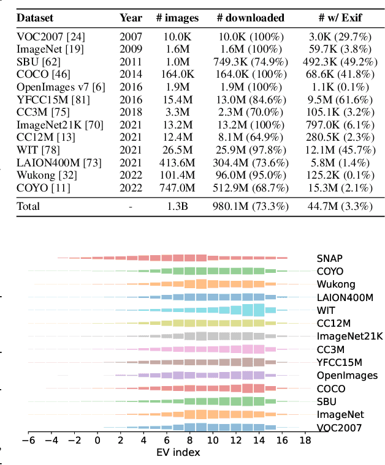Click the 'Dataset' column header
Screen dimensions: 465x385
point(35,18)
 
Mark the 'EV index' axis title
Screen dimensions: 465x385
point(178,453)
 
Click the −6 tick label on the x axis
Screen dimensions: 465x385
point(28,440)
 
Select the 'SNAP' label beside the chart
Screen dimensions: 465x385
point(330,258)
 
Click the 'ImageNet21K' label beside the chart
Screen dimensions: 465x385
point(349,337)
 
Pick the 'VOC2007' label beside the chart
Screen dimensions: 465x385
point(339,428)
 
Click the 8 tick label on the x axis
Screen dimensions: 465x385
point(189,440)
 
